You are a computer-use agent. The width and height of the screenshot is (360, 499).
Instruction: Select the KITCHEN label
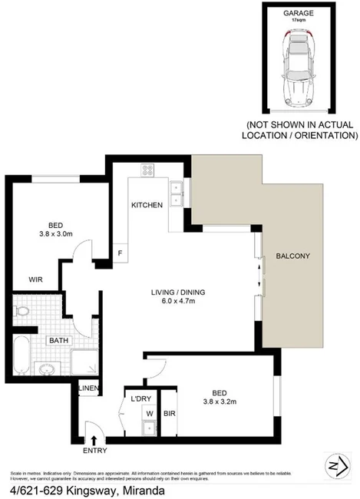coord(146,206)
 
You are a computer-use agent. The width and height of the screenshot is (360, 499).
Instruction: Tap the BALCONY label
coord(293,256)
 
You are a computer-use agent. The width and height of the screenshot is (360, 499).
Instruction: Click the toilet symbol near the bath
coord(21,312)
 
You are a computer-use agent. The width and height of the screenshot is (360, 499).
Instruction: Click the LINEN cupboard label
coord(88,388)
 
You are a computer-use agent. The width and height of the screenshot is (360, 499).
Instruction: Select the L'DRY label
coord(141,399)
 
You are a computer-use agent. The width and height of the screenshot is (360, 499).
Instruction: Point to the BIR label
coord(170,415)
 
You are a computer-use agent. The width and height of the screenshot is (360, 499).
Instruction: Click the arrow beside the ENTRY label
coord(94,440)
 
